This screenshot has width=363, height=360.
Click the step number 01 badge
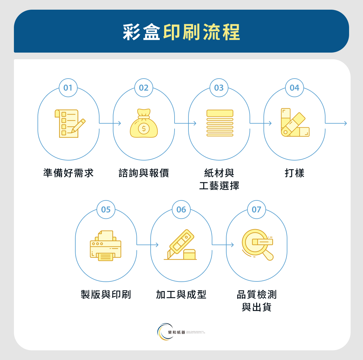click(x=68, y=88)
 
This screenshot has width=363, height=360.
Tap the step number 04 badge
click(x=294, y=88)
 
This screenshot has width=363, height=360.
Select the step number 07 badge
click(x=257, y=209)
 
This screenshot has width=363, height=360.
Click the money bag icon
click(x=144, y=123)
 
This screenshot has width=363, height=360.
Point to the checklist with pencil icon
click(x=70, y=123)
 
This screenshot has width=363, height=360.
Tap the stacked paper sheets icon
click(x=220, y=123)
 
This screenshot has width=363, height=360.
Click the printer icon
click(x=106, y=245)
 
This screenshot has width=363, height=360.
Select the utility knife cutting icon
click(x=181, y=245)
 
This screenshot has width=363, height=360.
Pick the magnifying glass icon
click(x=257, y=245)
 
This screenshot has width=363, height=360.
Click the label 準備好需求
click(x=68, y=173)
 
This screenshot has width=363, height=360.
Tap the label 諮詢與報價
click(x=144, y=173)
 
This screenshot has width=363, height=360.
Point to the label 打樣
click(x=294, y=173)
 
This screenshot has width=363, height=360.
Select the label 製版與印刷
click(x=106, y=294)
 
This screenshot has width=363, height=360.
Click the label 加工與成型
click(x=181, y=294)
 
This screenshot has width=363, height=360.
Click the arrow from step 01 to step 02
click(x=110, y=123)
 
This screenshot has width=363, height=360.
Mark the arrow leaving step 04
click(x=336, y=123)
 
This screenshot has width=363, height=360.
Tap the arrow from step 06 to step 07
click(x=223, y=245)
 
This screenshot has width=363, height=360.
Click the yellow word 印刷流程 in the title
click(x=202, y=32)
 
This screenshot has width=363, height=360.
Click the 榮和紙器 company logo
click(x=181, y=332)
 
